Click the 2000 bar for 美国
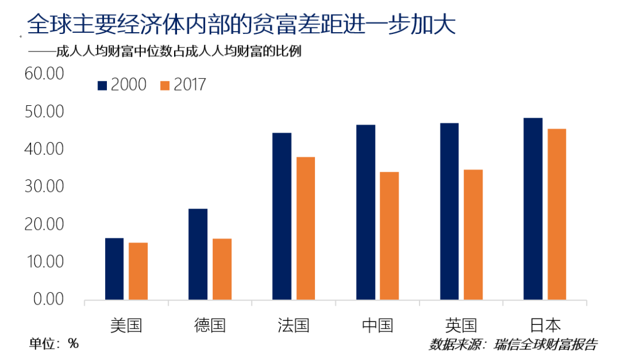(115, 269)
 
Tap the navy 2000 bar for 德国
(198, 254)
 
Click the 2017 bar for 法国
(306, 229)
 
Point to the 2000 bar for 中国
(366, 212)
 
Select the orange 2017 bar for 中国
(389, 236)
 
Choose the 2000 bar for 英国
(449, 211)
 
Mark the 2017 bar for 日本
(556, 214)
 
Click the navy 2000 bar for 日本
(533, 209)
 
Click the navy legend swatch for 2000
(103, 85)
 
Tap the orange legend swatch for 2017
(164, 85)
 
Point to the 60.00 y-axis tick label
(43, 74)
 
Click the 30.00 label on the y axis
(43, 187)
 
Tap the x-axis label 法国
(293, 325)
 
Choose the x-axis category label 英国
(461, 325)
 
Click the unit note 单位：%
(54, 344)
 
